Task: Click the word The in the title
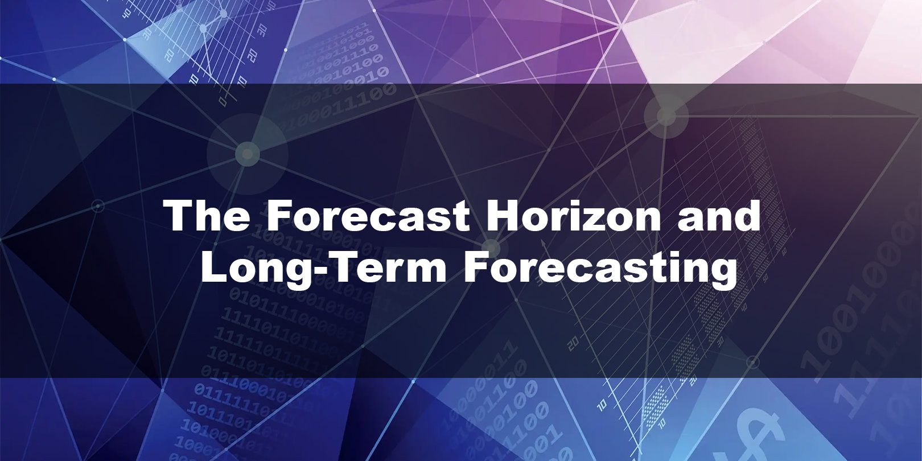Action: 208,216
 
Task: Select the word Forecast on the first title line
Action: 368,216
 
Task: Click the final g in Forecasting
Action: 723,274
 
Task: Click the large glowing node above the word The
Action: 247,154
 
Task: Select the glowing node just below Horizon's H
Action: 491,249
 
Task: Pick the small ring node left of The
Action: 97,205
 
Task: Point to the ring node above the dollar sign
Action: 753,362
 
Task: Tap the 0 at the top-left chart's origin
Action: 223,101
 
